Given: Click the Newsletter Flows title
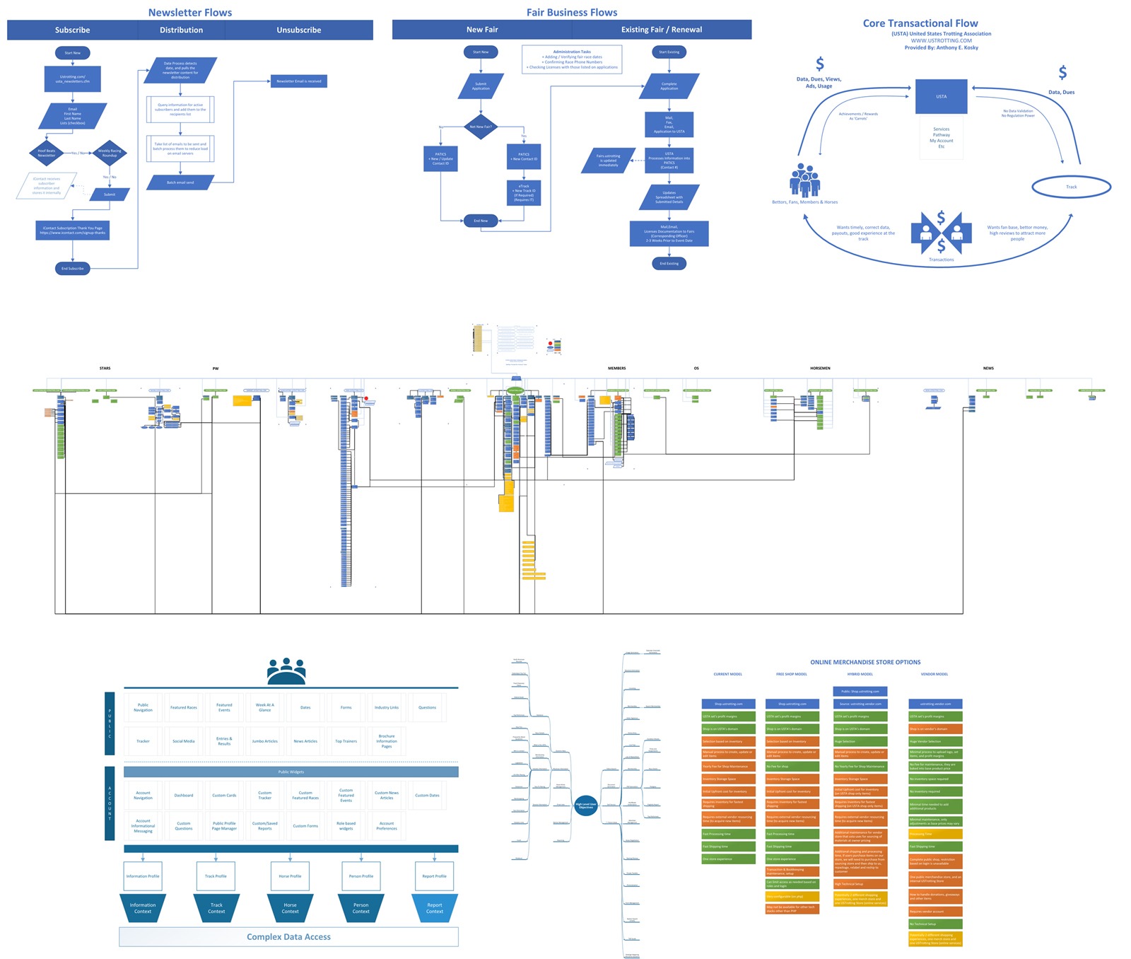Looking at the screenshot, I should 189,12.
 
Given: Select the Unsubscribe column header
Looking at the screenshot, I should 298,30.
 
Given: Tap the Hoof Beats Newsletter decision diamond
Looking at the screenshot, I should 47,153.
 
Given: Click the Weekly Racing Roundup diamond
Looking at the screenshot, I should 110,153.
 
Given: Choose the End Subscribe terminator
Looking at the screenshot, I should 72,268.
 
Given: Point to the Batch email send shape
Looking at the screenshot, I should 180,182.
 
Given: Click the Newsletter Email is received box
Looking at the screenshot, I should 298,81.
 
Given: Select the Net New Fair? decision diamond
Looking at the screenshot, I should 481,127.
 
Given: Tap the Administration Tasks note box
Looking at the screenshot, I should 572,59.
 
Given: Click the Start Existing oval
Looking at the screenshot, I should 669,52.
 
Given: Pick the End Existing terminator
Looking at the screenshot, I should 669,263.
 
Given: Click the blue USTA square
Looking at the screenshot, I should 941,96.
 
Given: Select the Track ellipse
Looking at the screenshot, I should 1071,187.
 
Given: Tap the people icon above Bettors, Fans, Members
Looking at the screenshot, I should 804,180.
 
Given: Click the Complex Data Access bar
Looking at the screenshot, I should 288,936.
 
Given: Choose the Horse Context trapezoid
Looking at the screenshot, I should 290,908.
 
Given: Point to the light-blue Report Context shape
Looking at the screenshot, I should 434,908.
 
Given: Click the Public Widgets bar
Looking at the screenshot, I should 291,772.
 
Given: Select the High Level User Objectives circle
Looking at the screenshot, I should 586,806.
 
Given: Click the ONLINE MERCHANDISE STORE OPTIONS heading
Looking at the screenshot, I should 865,662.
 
